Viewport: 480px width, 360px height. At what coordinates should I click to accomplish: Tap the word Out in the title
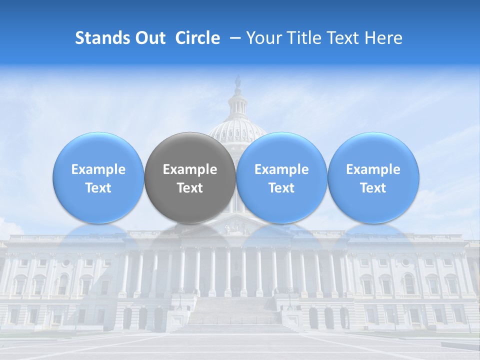pyautogui.click(x=150, y=38)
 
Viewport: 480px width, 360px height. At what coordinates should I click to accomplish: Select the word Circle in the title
pyautogui.click(x=197, y=38)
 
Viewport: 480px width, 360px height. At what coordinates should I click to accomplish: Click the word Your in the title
pyautogui.click(x=263, y=38)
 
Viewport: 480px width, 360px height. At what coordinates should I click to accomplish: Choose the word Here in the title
pyautogui.click(x=383, y=38)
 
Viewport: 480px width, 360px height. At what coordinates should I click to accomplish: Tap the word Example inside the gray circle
pyautogui.click(x=190, y=169)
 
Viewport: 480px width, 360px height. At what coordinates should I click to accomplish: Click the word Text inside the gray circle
pyautogui.click(x=190, y=188)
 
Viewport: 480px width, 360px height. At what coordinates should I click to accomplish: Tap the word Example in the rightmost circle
pyautogui.click(x=373, y=169)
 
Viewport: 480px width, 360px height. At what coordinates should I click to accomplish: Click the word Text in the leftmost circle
pyautogui.click(x=98, y=188)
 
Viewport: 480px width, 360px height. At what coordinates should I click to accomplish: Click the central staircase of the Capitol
pyautogui.click(x=235, y=315)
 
